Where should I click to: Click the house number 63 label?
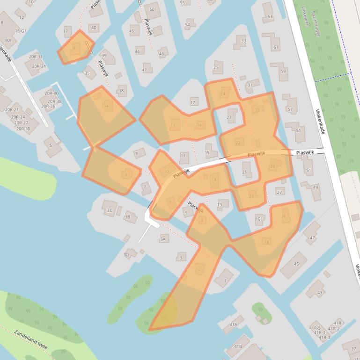[270, 17]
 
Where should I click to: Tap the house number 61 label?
[276, 47]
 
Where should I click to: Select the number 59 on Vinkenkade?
[284, 72]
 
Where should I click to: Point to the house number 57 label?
[290, 110]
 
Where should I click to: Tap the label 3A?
[163, 239]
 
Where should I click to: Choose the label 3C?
[110, 210]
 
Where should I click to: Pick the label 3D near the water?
[126, 255]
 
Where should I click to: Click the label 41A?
[233, 324]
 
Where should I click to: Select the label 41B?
[238, 346]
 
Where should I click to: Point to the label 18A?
[8, 41]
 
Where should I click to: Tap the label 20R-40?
[51, 94]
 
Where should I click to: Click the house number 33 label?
[243, 41]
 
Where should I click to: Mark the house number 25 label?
[216, 67]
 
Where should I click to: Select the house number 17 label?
[193, 102]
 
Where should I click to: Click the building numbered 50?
[152, 9]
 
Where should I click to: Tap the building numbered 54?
[188, 25]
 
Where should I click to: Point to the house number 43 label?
[320, 293]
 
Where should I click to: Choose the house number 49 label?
[316, 187]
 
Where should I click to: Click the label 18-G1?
[21, 31]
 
